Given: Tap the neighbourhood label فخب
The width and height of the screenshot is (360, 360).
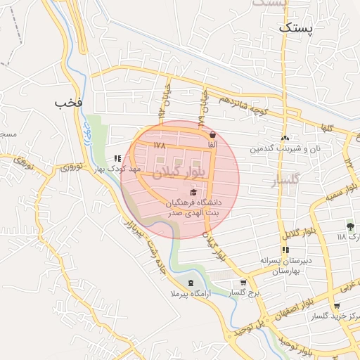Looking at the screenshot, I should [x=69, y=103].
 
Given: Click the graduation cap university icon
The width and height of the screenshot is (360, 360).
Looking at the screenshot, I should [x=193, y=192].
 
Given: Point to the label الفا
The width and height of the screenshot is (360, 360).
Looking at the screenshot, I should [x=212, y=144].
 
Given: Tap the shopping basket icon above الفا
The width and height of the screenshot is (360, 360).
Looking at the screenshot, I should [x=212, y=134].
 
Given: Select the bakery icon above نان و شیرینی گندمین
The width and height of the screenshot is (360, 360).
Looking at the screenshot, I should [x=285, y=138].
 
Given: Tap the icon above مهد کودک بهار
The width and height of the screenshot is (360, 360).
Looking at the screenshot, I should [x=117, y=159].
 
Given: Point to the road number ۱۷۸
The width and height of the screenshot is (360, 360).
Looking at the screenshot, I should [x=157, y=145].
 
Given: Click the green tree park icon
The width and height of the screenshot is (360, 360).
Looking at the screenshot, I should [x=350, y=226].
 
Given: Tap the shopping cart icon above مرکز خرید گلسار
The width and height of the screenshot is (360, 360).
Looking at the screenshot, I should [x=337, y=307].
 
